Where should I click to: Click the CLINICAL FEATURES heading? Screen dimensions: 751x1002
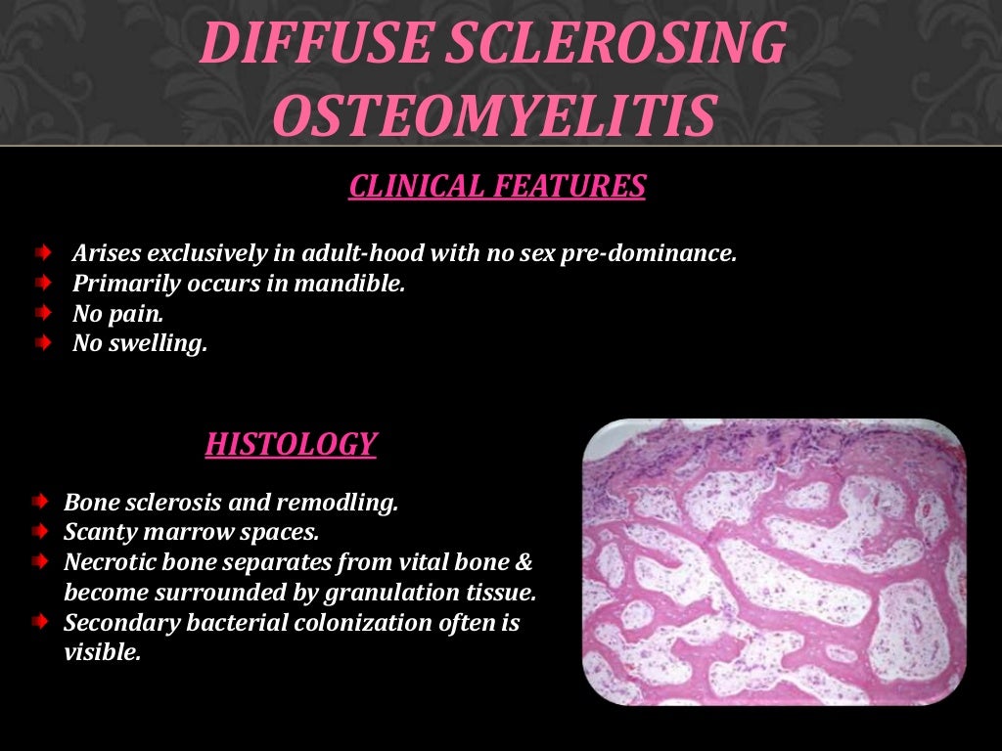[x=497, y=186]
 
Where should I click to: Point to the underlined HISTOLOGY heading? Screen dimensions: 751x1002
[x=291, y=445]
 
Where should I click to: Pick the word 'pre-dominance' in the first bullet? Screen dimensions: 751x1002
[x=648, y=254]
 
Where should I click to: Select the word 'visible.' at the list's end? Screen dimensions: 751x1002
[x=102, y=653]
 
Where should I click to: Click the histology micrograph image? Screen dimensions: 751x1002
[x=774, y=563]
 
